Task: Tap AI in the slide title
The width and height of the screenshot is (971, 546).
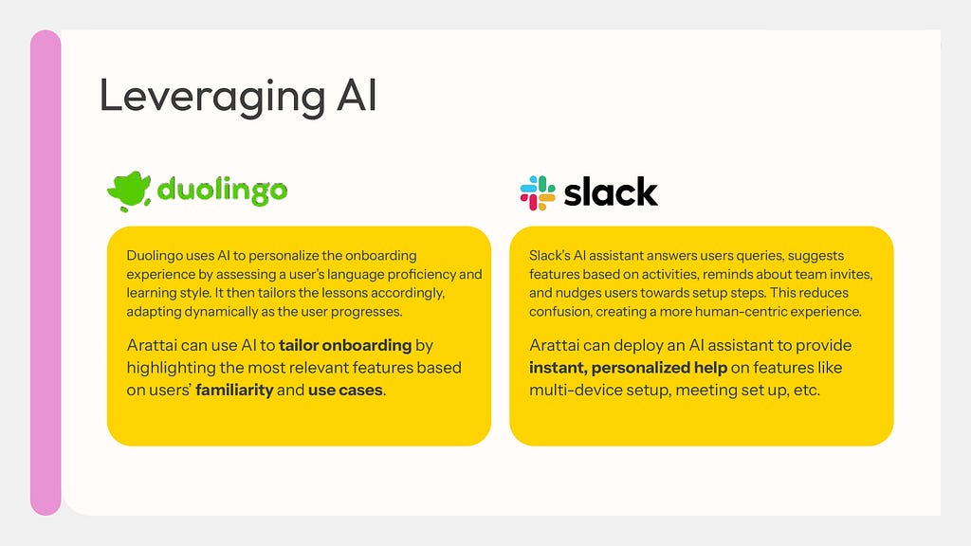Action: click(x=357, y=96)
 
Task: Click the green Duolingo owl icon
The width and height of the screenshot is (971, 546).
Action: click(x=129, y=191)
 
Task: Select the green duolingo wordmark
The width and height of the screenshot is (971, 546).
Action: click(x=222, y=191)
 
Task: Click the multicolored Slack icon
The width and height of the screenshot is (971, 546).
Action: click(x=538, y=193)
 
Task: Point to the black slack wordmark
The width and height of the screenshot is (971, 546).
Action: click(x=611, y=191)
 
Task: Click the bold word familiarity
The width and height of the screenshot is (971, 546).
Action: click(x=234, y=390)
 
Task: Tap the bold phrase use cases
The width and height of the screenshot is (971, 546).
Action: click(x=345, y=390)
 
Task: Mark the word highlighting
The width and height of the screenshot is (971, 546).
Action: click(x=171, y=368)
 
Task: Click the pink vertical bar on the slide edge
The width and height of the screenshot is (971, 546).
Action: click(x=46, y=272)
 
